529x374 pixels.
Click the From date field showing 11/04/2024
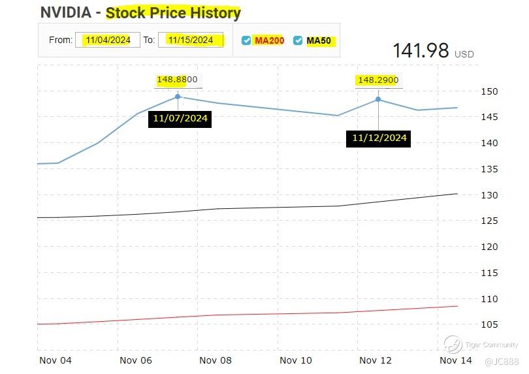click(108, 40)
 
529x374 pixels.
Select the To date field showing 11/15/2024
click(191, 40)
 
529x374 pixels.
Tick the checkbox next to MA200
click(246, 40)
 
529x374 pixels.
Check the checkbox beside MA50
click(298, 40)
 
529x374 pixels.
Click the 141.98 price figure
click(421, 51)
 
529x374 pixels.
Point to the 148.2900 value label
click(377, 80)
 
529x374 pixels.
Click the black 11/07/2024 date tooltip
click(180, 119)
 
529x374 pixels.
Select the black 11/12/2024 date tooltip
click(379, 138)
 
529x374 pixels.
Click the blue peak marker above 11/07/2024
click(178, 97)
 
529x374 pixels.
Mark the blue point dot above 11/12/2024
click(378, 99)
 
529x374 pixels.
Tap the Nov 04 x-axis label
click(56, 360)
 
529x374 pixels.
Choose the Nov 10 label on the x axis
click(296, 360)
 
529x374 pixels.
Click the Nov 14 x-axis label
click(456, 360)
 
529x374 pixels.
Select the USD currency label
click(464, 54)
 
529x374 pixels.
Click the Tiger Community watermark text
click(491, 345)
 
